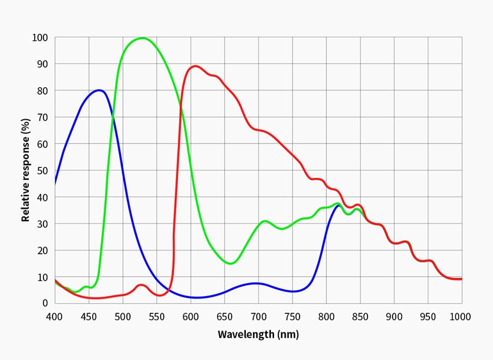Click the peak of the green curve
click(x=142, y=38)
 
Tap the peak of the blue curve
click(x=99, y=90)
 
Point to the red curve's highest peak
click(x=195, y=66)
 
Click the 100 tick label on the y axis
click(x=40, y=37)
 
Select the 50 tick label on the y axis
click(x=42, y=170)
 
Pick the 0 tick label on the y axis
click(x=44, y=303)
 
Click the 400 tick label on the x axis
click(x=54, y=316)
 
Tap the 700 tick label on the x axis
click(x=258, y=316)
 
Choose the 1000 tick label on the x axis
click(x=460, y=316)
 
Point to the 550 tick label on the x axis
click(x=156, y=316)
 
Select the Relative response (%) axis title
click(x=26, y=170)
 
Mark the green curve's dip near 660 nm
click(x=231, y=263)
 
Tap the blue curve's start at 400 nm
click(x=55, y=184)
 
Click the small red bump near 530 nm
click(x=141, y=284)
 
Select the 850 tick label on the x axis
click(x=360, y=316)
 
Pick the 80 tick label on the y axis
click(x=42, y=90)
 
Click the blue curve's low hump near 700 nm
click(x=256, y=283)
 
